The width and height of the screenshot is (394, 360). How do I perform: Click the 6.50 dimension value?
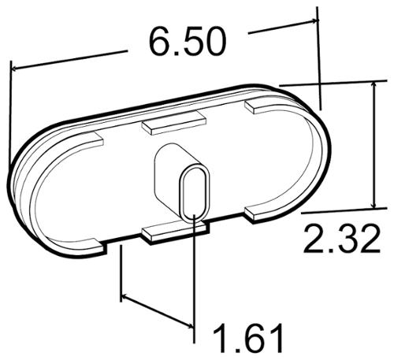coord(188,42)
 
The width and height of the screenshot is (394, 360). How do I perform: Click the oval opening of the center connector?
coord(195,193)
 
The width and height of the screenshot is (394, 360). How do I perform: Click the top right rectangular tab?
coord(262,104)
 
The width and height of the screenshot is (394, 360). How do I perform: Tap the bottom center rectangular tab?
coord(176,231)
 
